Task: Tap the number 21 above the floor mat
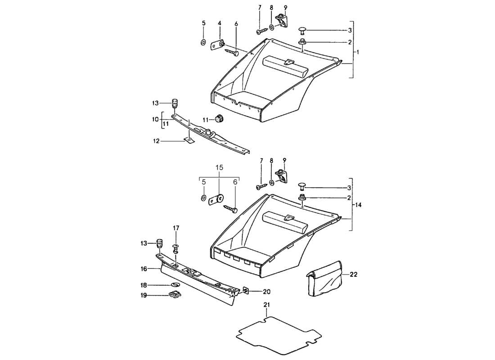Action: (x=266, y=305)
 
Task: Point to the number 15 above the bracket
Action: (x=219, y=167)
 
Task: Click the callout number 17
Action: (x=176, y=228)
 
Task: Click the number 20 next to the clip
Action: (x=255, y=291)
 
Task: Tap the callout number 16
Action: (x=144, y=269)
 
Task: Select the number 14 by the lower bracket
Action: (x=358, y=205)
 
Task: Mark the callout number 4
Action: (x=220, y=23)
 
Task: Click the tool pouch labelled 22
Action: (x=324, y=279)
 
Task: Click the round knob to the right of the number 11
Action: (x=219, y=119)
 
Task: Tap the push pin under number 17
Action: (x=176, y=248)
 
